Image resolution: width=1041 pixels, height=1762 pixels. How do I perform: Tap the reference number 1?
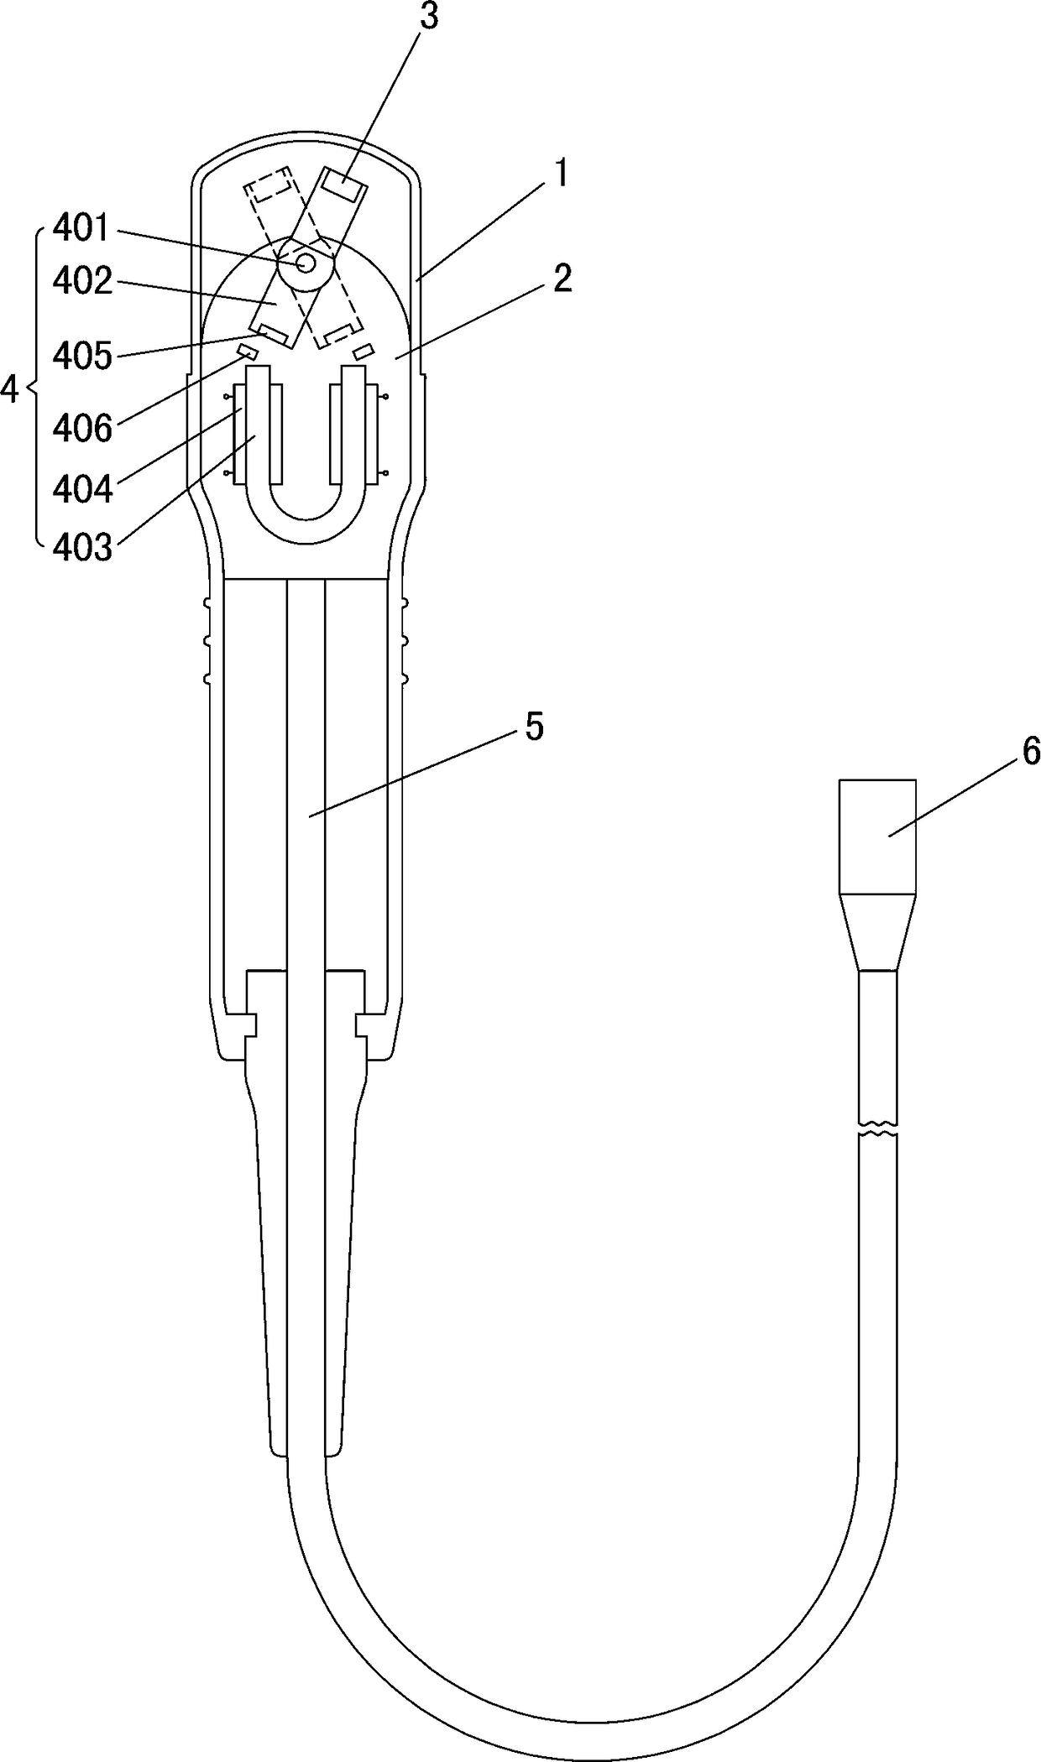pyautogui.click(x=561, y=175)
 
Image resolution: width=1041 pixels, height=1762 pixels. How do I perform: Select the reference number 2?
pyautogui.click(x=562, y=279)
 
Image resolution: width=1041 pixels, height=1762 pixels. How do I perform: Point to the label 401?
pyautogui.click(x=81, y=228)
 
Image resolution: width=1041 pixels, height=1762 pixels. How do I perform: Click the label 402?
pyautogui.click(x=82, y=282)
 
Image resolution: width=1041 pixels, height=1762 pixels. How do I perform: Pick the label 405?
pyautogui.click(x=82, y=357)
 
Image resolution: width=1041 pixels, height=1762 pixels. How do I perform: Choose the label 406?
pyautogui.click(x=82, y=429)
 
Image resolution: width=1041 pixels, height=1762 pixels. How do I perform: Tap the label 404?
pyautogui.click(x=82, y=489)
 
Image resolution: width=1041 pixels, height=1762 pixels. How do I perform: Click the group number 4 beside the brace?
pyautogui.click(x=10, y=389)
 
